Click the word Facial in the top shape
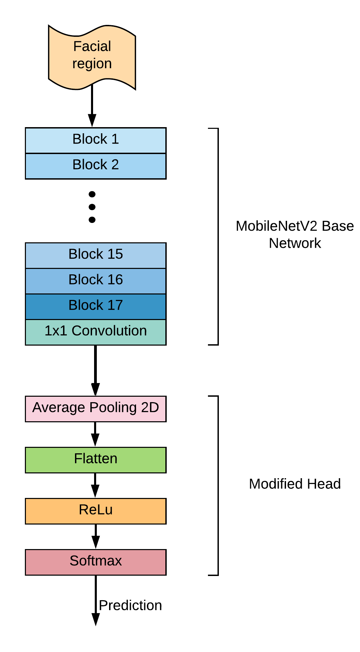point(92,46)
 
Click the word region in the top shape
point(92,64)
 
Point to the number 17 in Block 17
point(115,305)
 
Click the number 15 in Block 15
point(115,254)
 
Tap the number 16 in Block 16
point(115,279)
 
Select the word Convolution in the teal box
point(109,331)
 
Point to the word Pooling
point(113,408)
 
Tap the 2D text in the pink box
point(150,407)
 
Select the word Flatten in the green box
point(95,458)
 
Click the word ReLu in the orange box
point(95,510)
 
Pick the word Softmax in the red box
point(95,561)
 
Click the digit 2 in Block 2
point(115,165)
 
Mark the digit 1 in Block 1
point(115,139)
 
